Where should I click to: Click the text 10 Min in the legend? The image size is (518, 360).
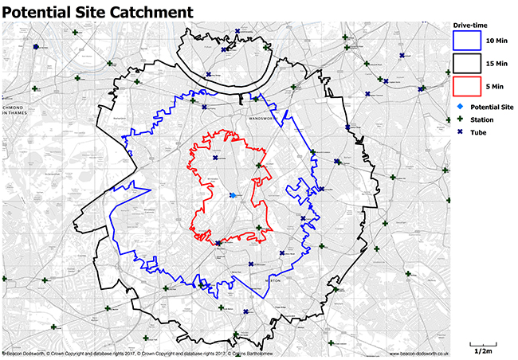(x=496, y=40)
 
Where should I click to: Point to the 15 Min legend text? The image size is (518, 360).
(x=496, y=62)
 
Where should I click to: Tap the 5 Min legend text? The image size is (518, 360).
(x=495, y=84)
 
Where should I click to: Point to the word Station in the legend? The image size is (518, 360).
(x=481, y=119)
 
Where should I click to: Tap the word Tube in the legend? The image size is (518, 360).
(x=478, y=132)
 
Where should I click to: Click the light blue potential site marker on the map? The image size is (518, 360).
(x=232, y=195)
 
